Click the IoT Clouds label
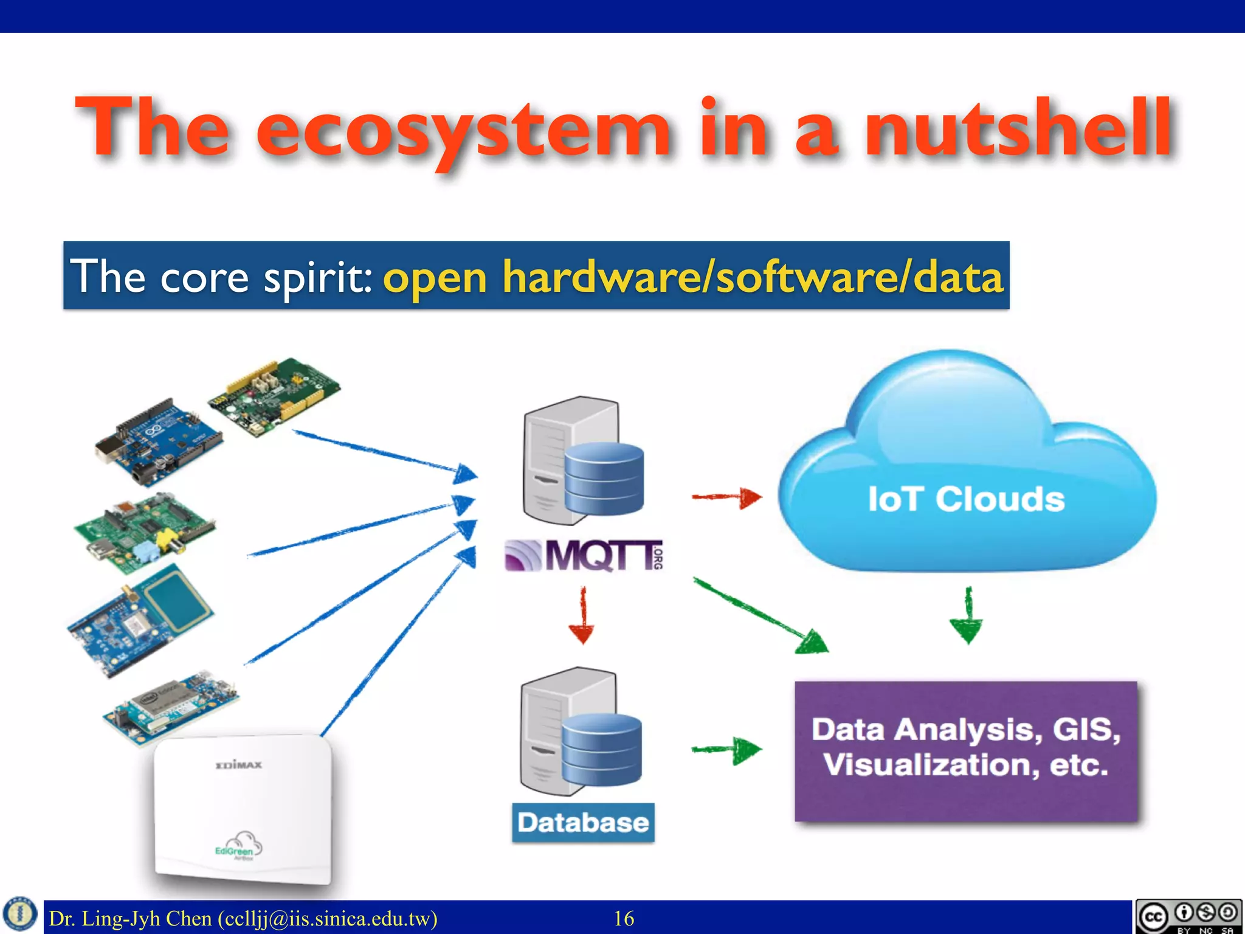tap(966, 499)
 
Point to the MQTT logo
tap(584, 555)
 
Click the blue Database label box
tap(583, 823)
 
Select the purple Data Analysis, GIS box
tap(966, 751)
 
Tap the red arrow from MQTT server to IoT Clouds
tap(727, 497)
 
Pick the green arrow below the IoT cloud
tap(967, 615)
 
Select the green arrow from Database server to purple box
tap(727, 750)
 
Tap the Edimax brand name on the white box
tap(239, 764)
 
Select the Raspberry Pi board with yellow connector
tap(144, 534)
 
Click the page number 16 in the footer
tap(624, 918)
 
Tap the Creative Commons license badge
tap(1188, 916)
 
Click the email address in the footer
tap(328, 918)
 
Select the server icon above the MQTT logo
tap(582, 461)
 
